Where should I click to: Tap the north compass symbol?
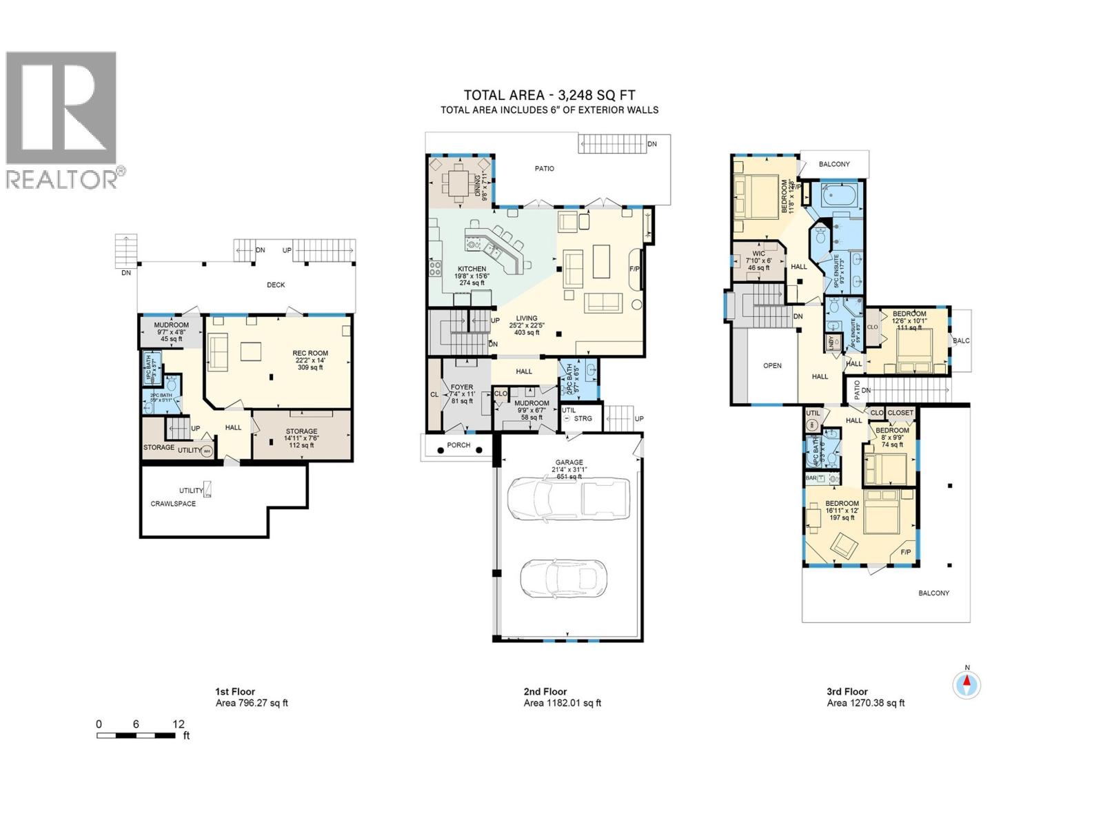tap(967, 685)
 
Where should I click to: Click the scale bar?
tap(136, 736)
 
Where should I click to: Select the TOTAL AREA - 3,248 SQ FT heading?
tap(549, 96)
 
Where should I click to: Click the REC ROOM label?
tap(310, 354)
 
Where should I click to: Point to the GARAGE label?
tap(569, 462)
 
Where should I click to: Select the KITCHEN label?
tap(472, 269)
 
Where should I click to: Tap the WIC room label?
tap(759, 254)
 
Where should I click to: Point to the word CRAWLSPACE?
tap(173, 504)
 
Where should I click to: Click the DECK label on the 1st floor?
tap(276, 285)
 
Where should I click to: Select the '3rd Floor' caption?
tap(847, 691)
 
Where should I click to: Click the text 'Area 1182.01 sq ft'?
tap(563, 703)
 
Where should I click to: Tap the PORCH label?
tap(458, 445)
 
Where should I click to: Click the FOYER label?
tap(461, 387)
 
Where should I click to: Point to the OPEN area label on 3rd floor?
tap(773, 365)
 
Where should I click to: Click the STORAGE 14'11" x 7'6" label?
tap(301, 431)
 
